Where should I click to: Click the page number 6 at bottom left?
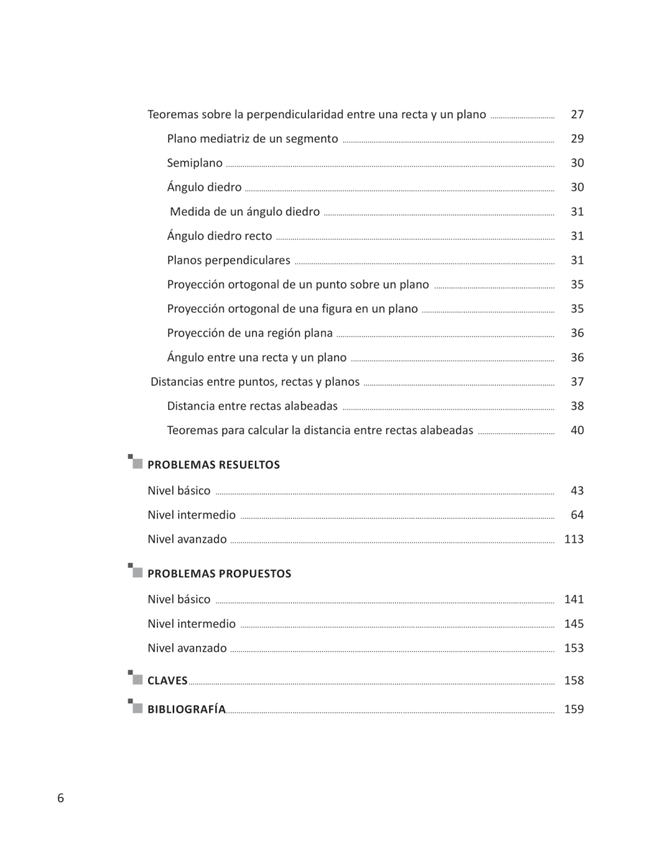[61, 798]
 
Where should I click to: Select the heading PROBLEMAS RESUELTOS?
[213, 465]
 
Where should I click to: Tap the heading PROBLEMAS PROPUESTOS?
[219, 574]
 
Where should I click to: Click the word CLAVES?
[167, 681]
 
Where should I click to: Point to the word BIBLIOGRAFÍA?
[186, 709]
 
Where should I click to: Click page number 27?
[577, 115]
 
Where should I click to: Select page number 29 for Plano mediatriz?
[577, 139]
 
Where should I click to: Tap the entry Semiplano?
[195, 163]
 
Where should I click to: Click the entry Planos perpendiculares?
[229, 260]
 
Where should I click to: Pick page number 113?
[574, 539]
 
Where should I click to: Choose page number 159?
[574, 709]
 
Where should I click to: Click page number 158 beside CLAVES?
[574, 681]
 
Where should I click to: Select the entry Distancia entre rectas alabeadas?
[252, 406]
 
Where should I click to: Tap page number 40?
[577, 430]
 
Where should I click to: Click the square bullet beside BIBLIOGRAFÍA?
[136, 707]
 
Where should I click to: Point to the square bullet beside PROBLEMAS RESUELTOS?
[136, 463]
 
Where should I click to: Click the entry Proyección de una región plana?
[249, 333]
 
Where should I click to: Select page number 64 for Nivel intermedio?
[577, 515]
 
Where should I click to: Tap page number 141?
[574, 599]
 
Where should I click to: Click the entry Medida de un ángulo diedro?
[245, 212]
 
